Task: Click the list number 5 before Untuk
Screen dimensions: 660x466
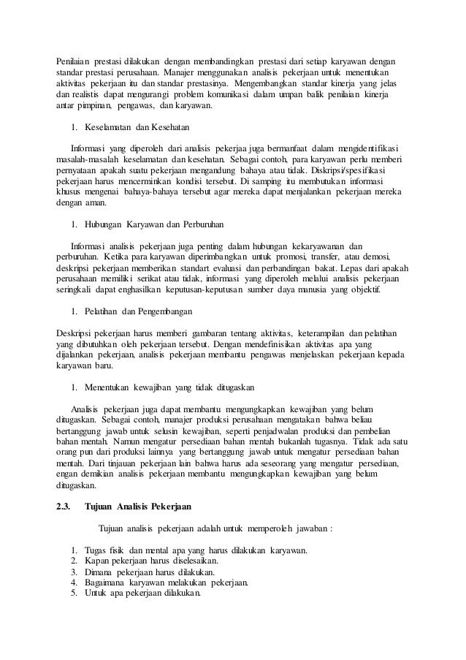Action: [74, 593]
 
